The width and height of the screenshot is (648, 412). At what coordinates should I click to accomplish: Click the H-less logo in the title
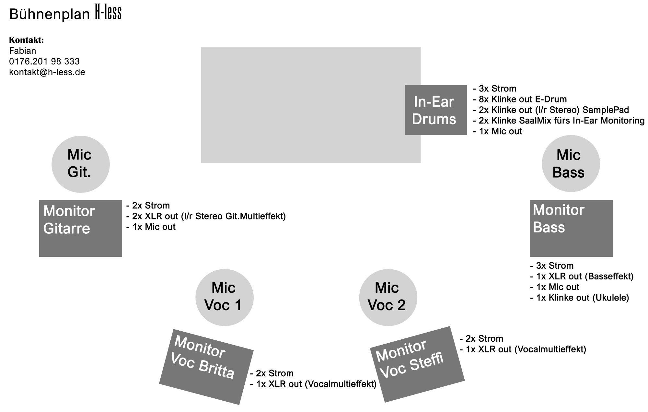[108, 13]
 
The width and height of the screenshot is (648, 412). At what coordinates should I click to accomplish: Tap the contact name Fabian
[23, 51]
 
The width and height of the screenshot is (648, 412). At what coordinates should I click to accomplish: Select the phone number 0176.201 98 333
[44, 62]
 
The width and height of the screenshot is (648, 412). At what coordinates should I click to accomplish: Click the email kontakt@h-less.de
[47, 72]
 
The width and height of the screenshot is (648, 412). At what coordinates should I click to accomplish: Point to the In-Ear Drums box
[436, 110]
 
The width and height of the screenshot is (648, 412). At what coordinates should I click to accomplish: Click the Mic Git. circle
[81, 164]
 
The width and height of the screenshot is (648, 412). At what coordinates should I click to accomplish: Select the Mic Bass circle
[571, 164]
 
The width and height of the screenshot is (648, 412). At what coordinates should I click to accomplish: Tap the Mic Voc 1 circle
[225, 298]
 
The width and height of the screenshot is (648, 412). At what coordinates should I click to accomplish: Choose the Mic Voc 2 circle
[388, 298]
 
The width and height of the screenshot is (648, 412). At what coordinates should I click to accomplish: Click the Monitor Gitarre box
[81, 229]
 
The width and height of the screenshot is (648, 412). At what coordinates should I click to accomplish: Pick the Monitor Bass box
[571, 229]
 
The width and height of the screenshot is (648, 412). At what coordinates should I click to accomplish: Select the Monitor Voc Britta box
[206, 367]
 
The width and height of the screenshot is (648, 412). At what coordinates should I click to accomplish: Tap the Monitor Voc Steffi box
[417, 364]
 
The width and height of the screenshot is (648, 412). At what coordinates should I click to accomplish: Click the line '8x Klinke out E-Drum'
[520, 99]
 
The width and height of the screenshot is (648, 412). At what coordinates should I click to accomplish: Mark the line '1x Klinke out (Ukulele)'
[580, 298]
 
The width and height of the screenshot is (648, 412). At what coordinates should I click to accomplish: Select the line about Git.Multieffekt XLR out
[206, 216]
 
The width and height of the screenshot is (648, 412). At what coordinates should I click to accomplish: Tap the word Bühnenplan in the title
[50, 14]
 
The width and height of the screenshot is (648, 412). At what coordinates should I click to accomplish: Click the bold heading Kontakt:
[27, 40]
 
